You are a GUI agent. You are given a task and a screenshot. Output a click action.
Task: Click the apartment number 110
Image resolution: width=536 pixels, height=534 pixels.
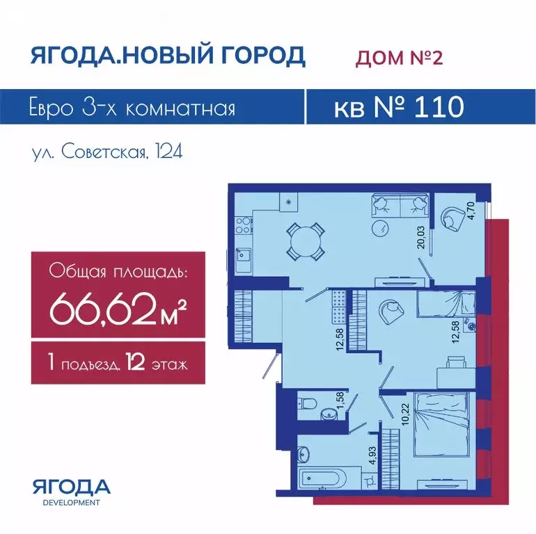(439, 106)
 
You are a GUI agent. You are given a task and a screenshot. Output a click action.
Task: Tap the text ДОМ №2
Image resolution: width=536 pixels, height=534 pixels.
(399, 57)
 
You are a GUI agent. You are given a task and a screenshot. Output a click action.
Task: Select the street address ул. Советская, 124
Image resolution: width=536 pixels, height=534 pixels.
(107, 152)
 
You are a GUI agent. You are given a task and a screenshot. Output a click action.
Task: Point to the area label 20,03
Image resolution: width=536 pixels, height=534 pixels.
(421, 237)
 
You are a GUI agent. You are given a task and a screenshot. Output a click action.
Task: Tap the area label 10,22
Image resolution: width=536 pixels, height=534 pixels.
(406, 414)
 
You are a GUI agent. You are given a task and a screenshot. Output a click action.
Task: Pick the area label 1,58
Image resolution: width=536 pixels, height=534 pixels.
(340, 400)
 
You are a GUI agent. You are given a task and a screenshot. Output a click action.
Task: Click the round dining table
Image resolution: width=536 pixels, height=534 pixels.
(306, 241)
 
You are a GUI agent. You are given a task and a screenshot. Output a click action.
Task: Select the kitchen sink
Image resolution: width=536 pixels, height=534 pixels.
(244, 254)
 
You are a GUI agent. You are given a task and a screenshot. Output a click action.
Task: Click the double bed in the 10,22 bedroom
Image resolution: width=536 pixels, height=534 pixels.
(440, 424)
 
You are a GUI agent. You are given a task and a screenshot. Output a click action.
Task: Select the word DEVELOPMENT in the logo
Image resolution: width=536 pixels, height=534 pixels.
(72, 503)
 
